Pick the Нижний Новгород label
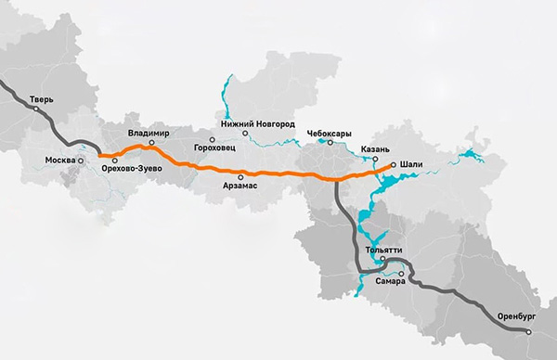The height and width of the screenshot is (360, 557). tap(258, 123)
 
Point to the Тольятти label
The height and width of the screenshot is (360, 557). tap(383, 249)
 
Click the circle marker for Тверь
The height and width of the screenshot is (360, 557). tap(36, 109)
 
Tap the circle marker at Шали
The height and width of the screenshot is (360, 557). tap(394, 165)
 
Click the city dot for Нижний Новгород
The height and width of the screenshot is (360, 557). tap(246, 134)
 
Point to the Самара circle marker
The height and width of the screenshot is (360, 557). tap(401, 274)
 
